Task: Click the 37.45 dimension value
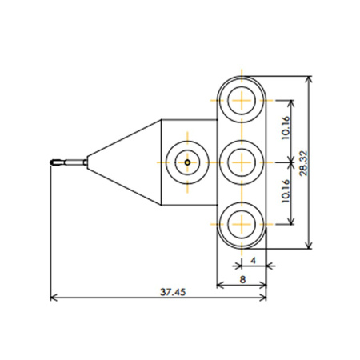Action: tap(173, 292)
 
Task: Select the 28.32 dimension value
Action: tap(303, 163)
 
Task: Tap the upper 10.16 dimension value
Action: tap(286, 127)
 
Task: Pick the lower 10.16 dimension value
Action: tap(286, 191)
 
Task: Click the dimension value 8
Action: tap(242, 280)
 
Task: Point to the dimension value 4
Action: tap(254, 260)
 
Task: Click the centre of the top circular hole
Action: tap(242, 101)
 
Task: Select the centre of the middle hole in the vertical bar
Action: tap(242, 162)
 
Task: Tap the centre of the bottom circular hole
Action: tap(242, 224)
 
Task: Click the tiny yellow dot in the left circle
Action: tap(187, 162)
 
